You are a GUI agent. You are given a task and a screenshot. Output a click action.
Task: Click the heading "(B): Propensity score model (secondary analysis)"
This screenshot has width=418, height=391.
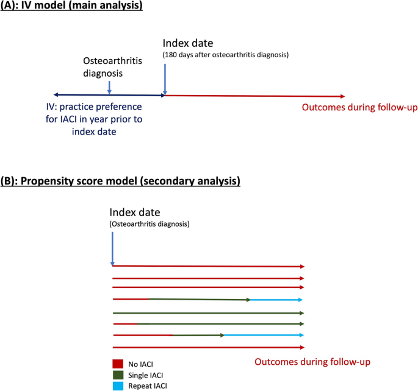120,181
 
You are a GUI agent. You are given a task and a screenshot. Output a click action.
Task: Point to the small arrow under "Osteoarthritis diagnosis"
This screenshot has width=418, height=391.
109,87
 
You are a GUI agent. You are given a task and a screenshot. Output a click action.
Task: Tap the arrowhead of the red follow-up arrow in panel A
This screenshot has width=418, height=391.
342,96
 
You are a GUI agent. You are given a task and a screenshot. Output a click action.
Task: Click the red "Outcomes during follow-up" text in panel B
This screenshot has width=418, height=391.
312,362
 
